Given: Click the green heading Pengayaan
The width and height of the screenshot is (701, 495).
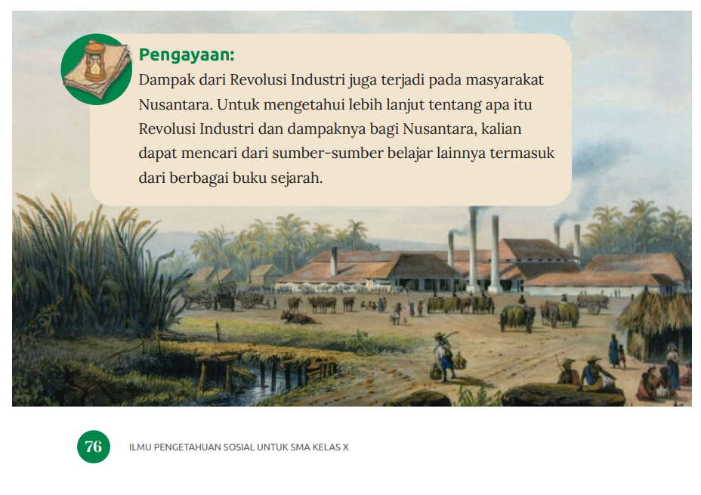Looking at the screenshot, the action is [187, 55].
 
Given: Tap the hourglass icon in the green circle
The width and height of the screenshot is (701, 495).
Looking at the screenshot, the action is [96, 62].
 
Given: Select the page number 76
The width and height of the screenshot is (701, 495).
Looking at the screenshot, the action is [94, 447].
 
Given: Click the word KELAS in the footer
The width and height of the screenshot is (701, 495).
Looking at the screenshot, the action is [326, 447].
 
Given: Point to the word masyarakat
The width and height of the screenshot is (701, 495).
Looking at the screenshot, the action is [505, 80].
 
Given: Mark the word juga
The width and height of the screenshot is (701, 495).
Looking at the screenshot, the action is [363, 80].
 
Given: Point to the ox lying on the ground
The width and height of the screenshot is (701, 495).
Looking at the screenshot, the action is [298, 317].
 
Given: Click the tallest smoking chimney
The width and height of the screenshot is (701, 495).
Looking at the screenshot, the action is [473, 249].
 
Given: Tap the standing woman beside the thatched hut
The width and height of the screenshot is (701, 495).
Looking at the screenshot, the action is [672, 363].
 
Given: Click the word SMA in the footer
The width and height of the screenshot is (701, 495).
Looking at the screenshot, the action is [300, 447].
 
